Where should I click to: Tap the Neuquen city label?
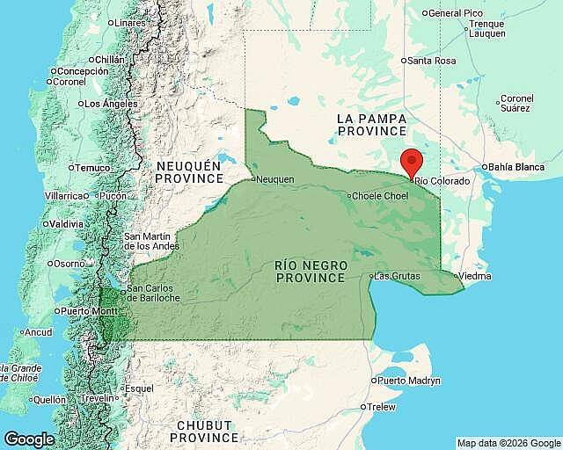click(x=274, y=179)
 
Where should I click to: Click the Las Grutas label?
click(x=397, y=276)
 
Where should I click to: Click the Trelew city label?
click(x=382, y=407)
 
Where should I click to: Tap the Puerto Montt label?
click(x=90, y=311)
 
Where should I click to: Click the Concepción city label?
click(x=84, y=71)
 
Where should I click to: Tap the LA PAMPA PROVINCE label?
click(x=369, y=124)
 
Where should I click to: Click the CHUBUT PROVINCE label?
click(x=205, y=431)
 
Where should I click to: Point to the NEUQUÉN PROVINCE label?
click(x=190, y=171)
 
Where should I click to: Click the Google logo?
click(x=29, y=439)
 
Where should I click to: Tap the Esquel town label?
click(x=139, y=388)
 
